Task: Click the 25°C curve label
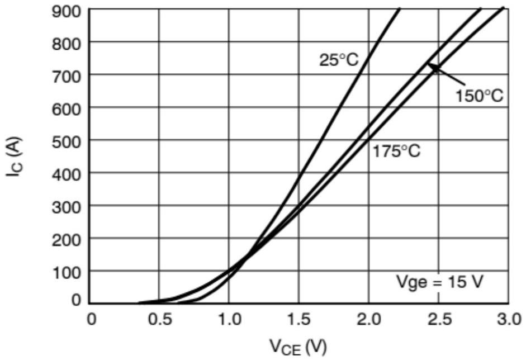pos(339,60)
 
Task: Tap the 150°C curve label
pos(480,96)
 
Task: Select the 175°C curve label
pos(396,151)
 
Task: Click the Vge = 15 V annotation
pos(440,282)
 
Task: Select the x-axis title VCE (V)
pos(298,347)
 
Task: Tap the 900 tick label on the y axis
pos(67,12)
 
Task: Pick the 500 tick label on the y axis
pos(67,142)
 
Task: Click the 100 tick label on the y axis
pos(67,273)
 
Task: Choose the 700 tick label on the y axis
pos(67,77)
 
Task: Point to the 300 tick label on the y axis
pos(67,208)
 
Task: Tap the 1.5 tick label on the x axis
pos(298,319)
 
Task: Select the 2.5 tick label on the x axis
pos(439,319)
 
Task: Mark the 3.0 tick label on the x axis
pos(509,319)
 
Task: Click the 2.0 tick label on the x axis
pos(369,319)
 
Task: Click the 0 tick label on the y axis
pos(77,300)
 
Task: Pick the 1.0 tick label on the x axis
pos(229,319)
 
